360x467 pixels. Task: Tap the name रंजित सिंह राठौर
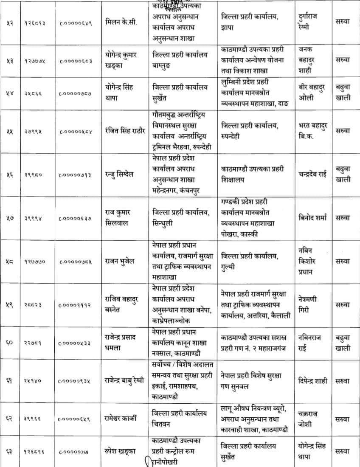pyautogui.click(x=127, y=132)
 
